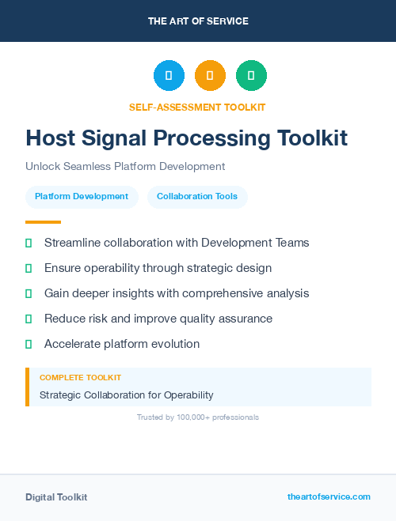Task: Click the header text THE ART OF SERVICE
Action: (198, 21)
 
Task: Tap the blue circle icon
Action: (169, 76)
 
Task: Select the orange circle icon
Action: (210, 76)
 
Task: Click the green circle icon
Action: (251, 76)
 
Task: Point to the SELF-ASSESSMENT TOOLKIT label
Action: (197, 107)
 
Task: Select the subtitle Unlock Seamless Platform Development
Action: (125, 166)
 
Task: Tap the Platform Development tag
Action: (82, 197)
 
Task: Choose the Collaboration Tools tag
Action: (197, 197)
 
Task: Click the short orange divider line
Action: (43, 222)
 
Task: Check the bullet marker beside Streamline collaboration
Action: (29, 243)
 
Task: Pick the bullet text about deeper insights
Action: (177, 293)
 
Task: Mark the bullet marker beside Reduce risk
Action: (29, 319)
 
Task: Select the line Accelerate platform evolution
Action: (122, 344)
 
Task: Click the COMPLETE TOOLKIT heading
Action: (80, 378)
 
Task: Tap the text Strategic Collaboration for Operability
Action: (127, 395)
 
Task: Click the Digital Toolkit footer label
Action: (56, 497)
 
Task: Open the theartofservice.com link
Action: (329, 496)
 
